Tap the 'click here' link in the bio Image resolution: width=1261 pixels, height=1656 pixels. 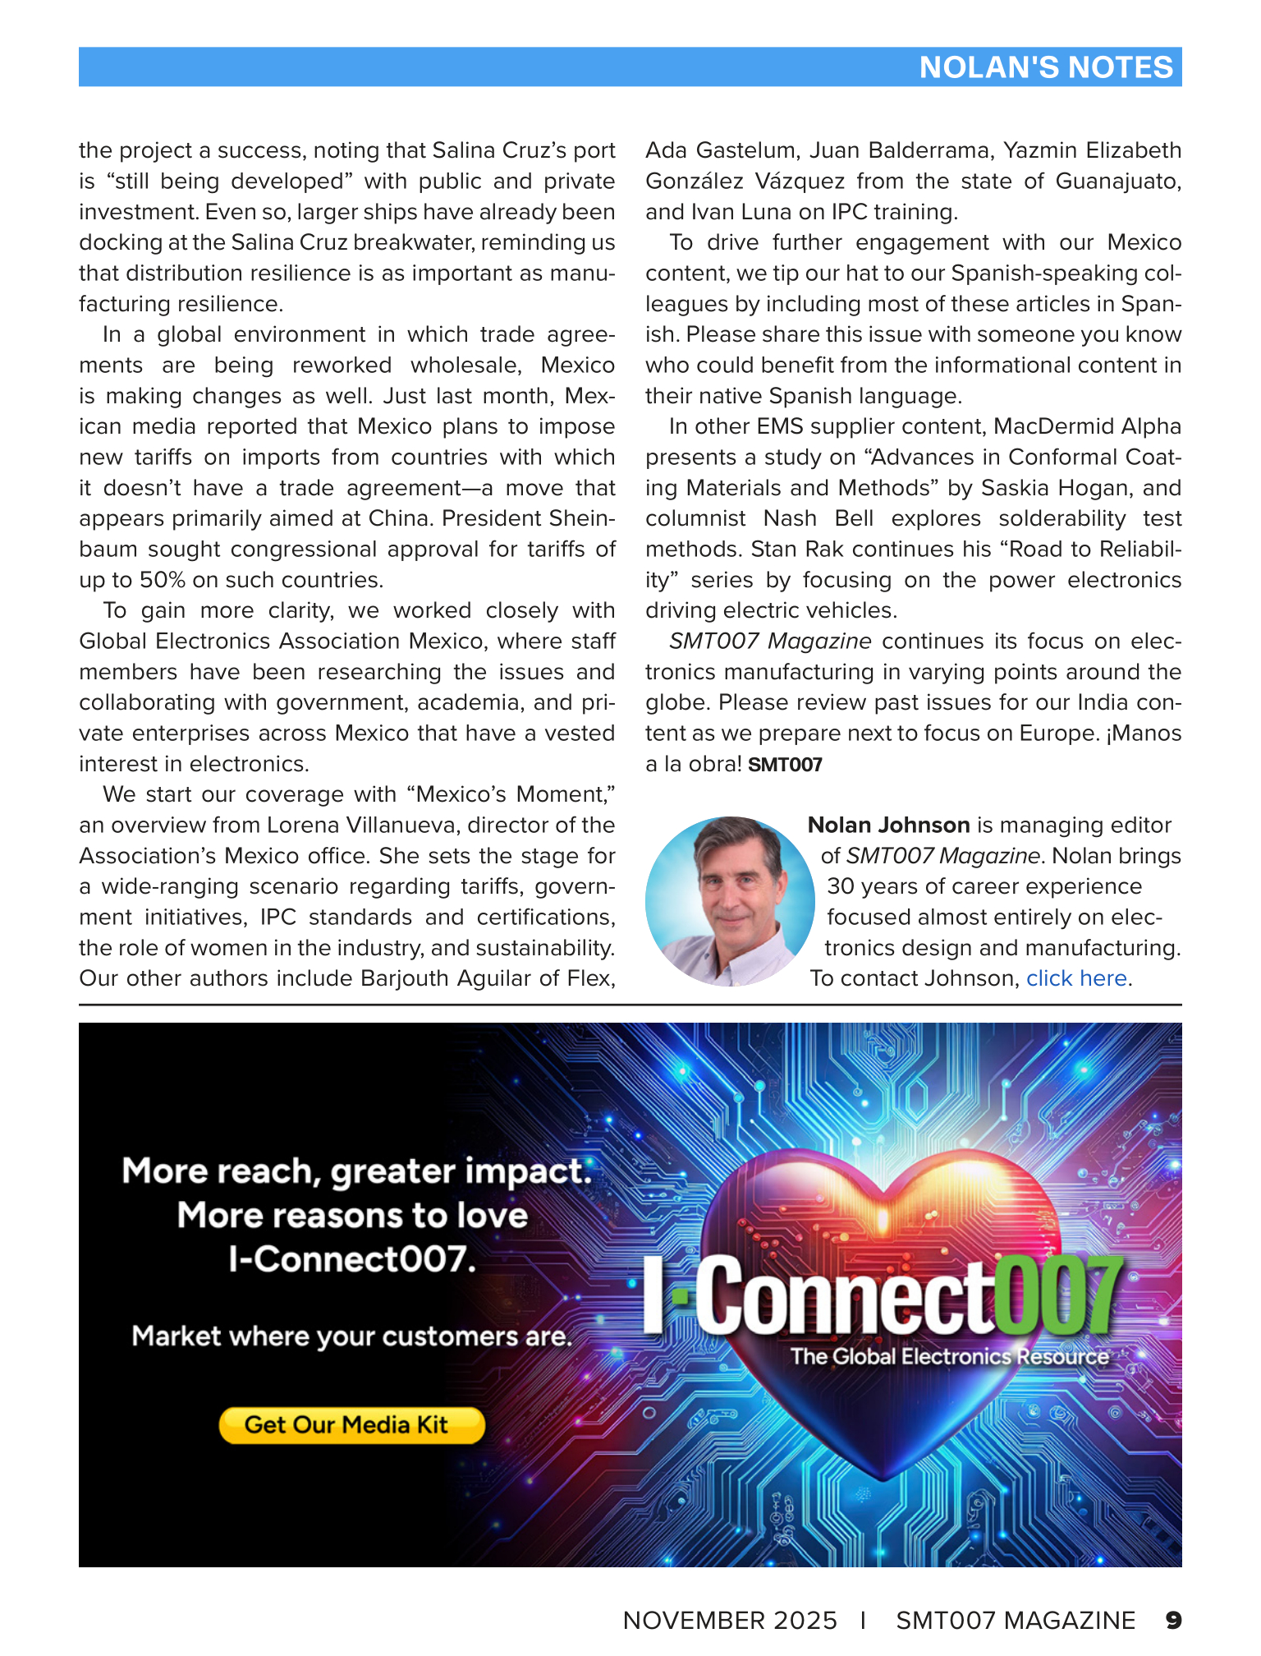click(x=1075, y=978)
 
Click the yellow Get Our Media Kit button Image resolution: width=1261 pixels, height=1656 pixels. click(x=351, y=1424)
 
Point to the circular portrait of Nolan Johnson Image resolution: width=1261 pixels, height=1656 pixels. click(x=730, y=901)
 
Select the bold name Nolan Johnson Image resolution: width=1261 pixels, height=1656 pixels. click(x=888, y=826)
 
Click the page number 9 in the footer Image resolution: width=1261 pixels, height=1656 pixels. click(x=1173, y=1620)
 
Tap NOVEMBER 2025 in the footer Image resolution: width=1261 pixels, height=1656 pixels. click(x=730, y=1620)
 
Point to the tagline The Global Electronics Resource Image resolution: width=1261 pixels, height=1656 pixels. click(x=949, y=1356)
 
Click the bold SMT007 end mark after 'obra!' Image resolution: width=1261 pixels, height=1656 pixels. click(x=785, y=765)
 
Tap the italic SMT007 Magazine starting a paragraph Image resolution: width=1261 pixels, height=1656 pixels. click(x=770, y=642)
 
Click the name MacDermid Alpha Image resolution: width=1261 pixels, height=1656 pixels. click(x=1087, y=427)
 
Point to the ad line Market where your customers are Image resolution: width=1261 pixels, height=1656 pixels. click(x=351, y=1336)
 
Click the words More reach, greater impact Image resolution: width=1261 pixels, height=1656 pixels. click(x=356, y=1171)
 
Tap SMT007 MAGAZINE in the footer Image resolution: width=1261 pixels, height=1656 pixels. click(x=1016, y=1620)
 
